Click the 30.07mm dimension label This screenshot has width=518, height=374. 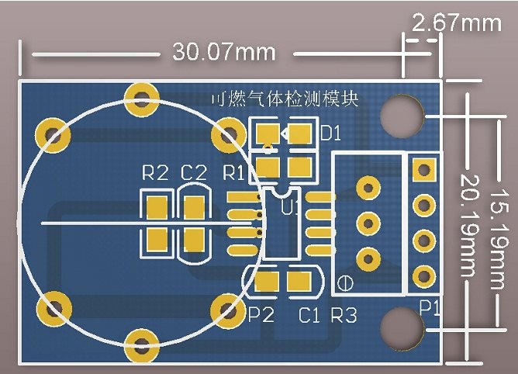point(224,53)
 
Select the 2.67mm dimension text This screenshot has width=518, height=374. point(457,23)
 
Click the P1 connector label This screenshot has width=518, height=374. point(430,308)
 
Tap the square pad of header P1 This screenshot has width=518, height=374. point(423,169)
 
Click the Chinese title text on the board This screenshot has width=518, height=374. point(285,99)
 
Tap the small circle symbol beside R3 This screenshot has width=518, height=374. point(344,282)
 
